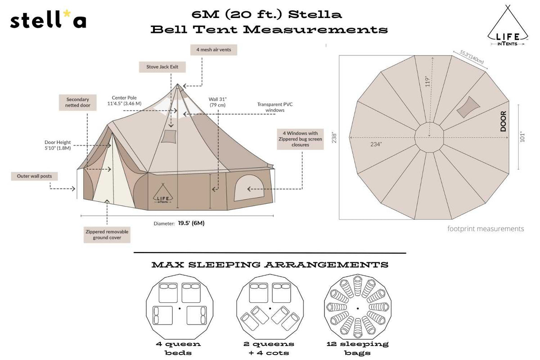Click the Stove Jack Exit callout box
(x=162, y=67)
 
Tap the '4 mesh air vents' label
(x=213, y=49)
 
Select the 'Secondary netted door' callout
(x=77, y=103)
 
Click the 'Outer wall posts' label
(x=34, y=176)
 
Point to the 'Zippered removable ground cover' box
(x=107, y=234)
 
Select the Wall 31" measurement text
(x=218, y=102)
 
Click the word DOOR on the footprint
(x=503, y=121)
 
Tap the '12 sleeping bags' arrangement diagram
(x=357, y=308)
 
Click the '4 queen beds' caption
(x=179, y=348)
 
